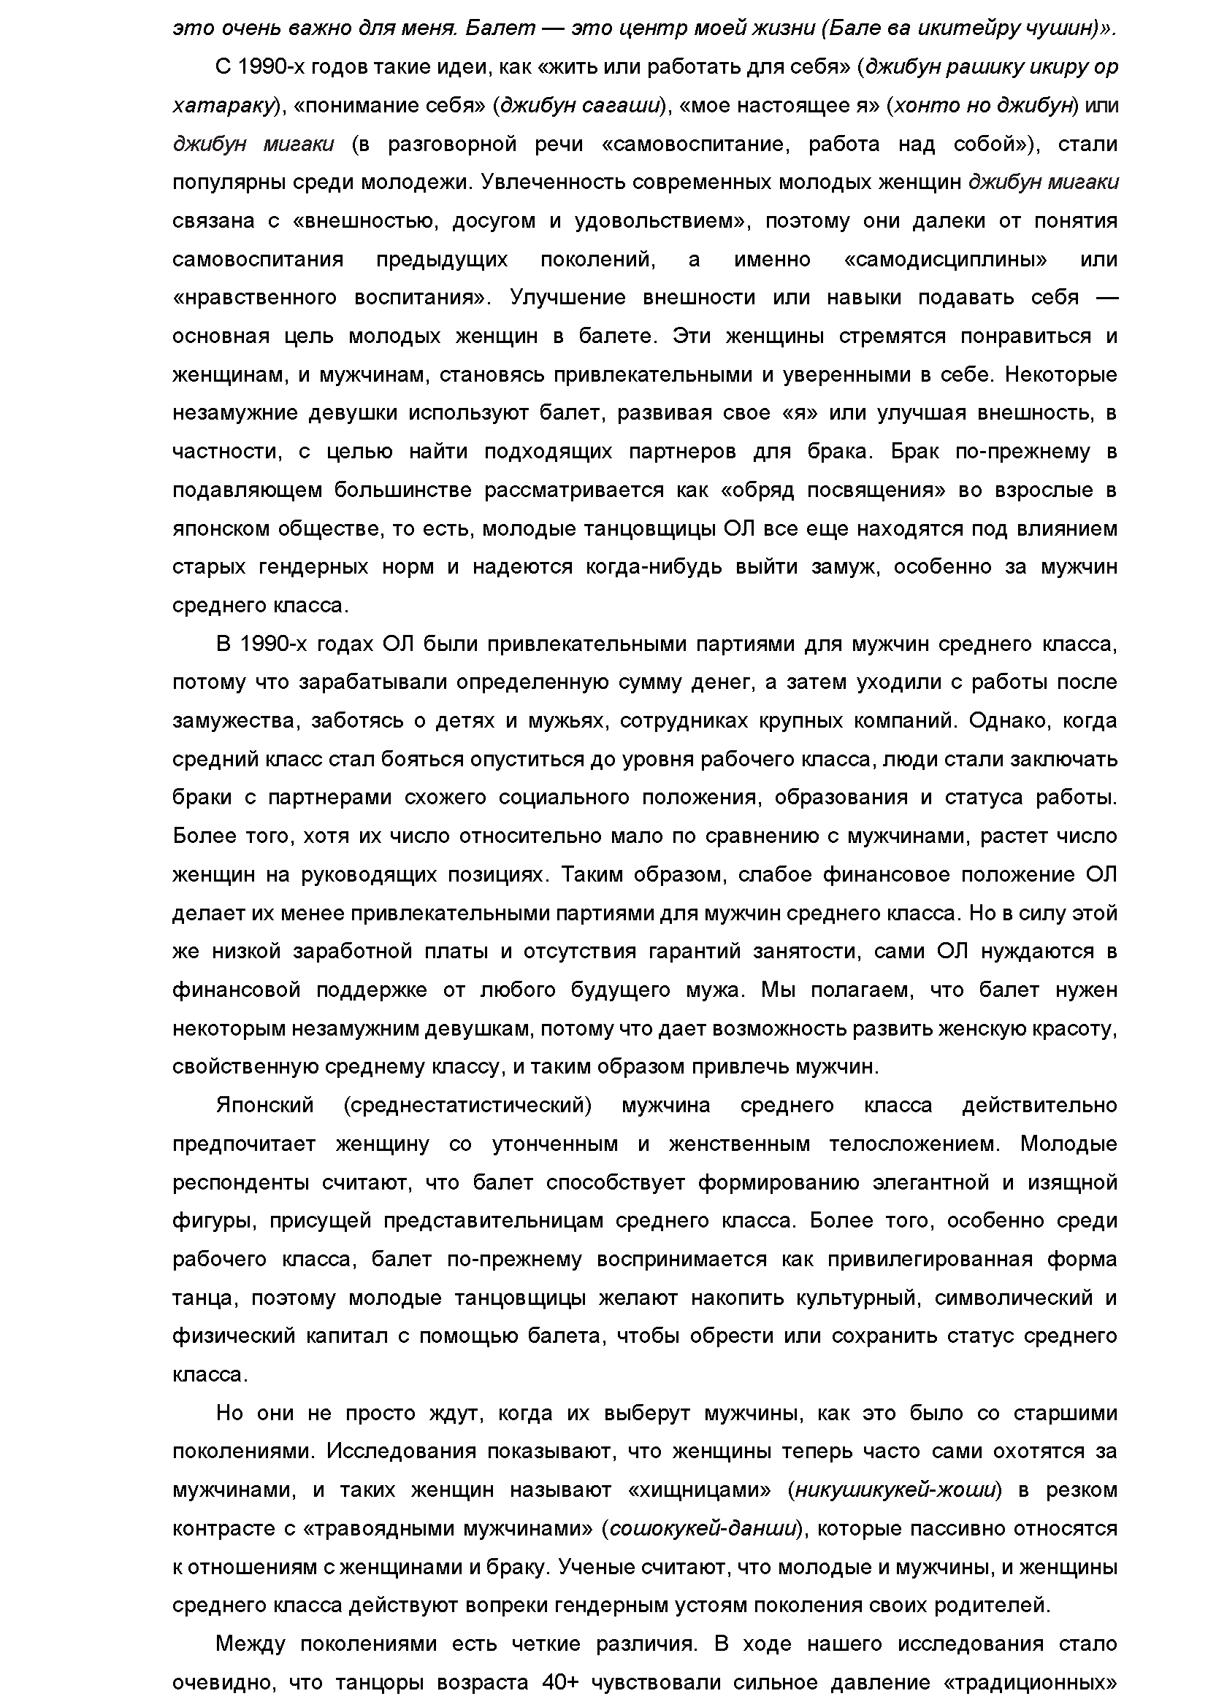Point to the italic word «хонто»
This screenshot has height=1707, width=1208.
(925, 106)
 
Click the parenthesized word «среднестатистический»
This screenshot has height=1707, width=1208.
(468, 1106)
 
